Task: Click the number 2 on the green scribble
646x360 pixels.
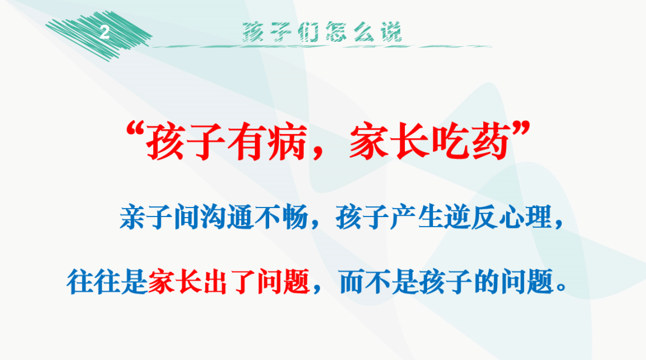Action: click(x=104, y=33)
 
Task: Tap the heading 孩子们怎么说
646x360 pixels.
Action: click(x=322, y=32)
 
